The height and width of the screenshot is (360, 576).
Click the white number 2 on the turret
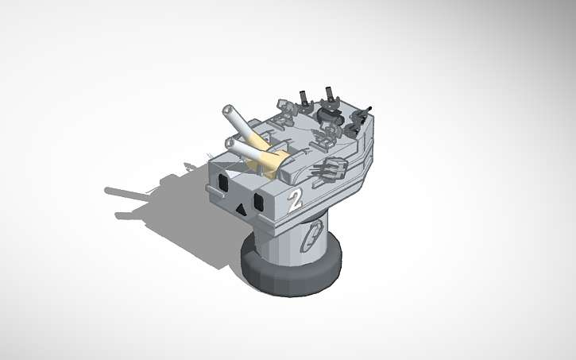(296, 199)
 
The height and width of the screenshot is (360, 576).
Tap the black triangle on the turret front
(239, 210)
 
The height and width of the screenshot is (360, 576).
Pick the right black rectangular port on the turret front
(258, 199)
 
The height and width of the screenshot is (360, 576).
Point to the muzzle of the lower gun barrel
(230, 143)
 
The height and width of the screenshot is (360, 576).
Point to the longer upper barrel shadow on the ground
(127, 192)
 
